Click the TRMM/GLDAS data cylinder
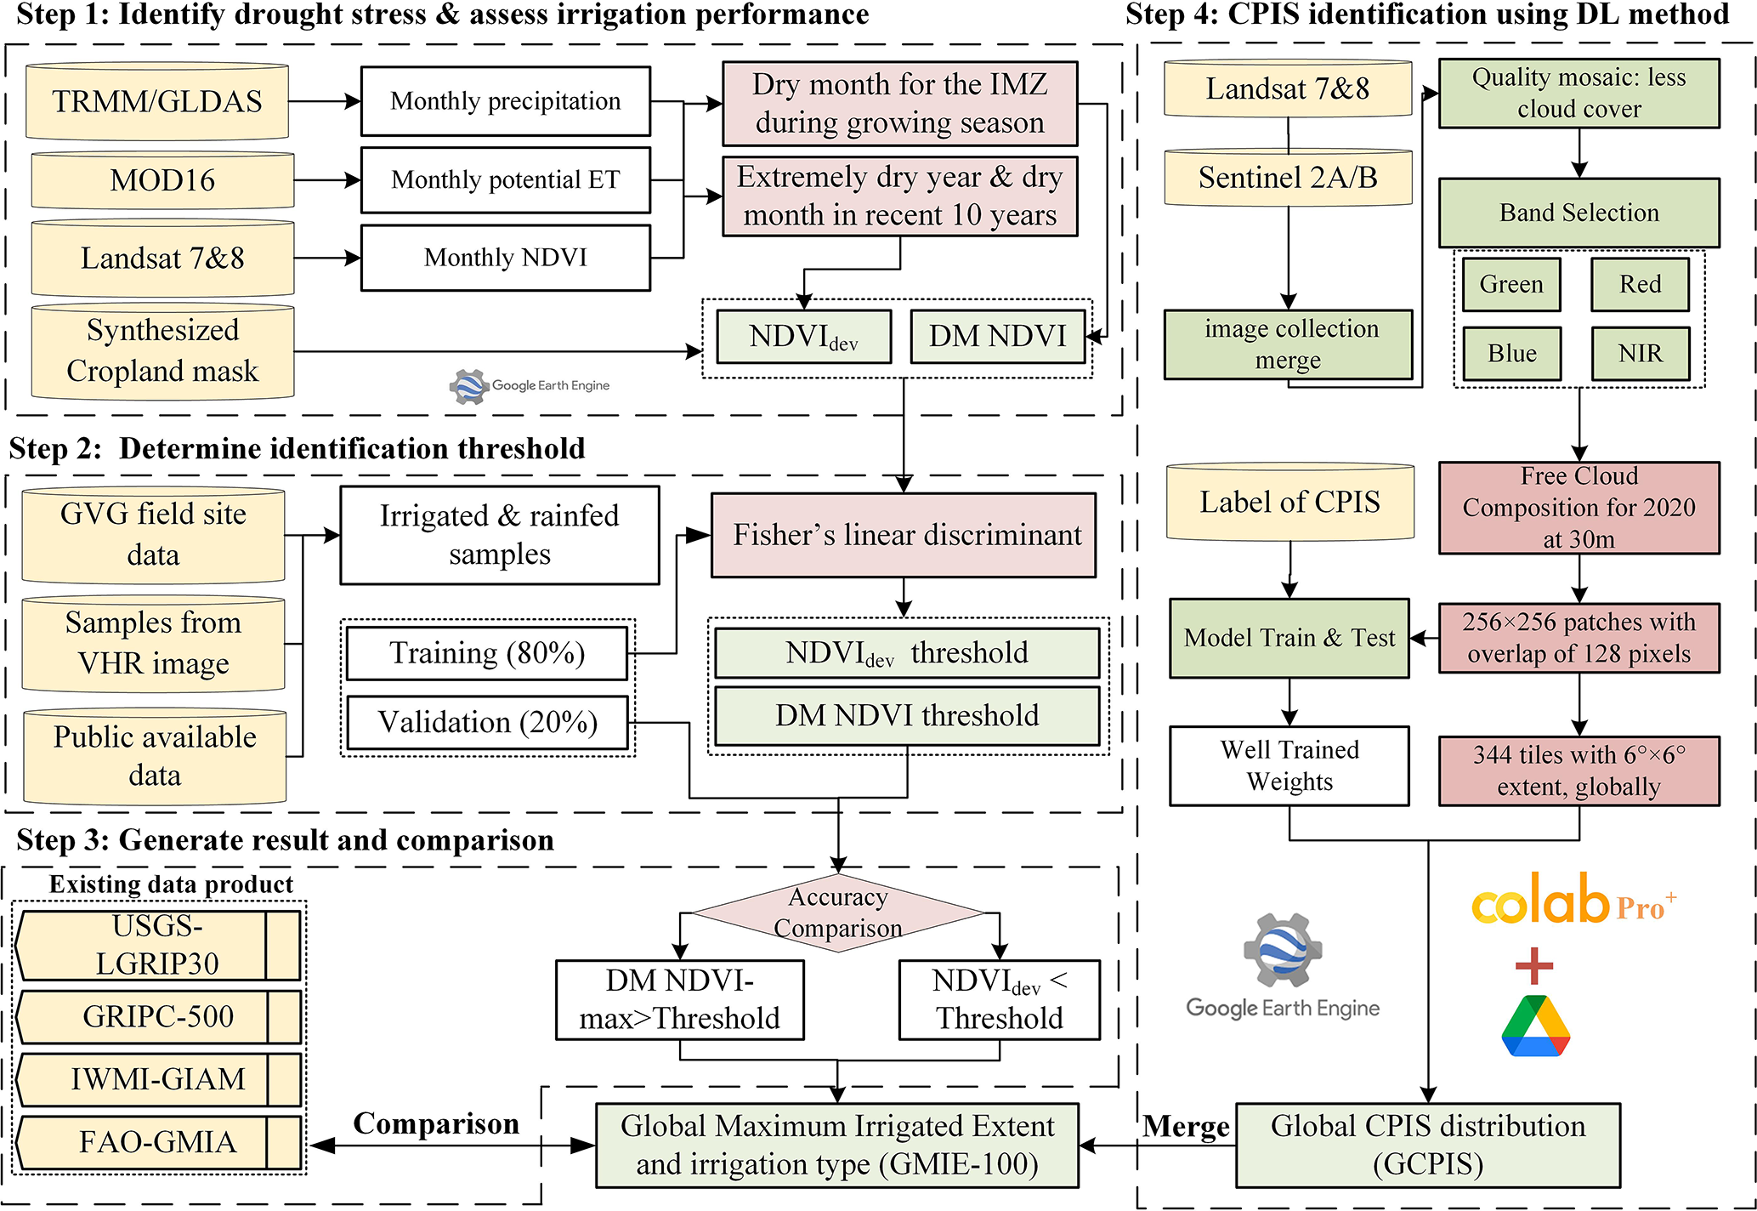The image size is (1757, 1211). coord(157,101)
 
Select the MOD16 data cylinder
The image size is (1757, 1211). coord(162,180)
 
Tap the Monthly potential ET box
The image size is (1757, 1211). coord(506,180)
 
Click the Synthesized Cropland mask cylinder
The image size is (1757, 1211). coord(162,351)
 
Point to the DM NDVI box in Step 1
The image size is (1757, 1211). coord(997,337)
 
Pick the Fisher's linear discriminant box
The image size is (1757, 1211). coord(904,535)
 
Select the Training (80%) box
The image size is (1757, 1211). coord(487,653)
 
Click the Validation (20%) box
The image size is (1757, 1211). coord(488,722)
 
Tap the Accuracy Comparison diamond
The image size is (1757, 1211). coord(838,913)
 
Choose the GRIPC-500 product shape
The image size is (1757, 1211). coord(158,1016)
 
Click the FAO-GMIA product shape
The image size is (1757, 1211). coord(158,1142)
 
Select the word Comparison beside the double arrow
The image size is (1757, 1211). coord(436,1123)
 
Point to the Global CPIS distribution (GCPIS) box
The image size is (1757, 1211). coord(1428,1145)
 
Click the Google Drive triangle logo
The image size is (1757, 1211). coord(1535,1026)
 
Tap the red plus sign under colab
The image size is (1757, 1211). coord(1534,965)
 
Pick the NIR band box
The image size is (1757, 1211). coord(1640,354)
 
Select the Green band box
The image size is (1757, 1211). coord(1511,285)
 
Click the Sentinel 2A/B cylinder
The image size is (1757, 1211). coord(1288,178)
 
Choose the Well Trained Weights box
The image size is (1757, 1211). coord(1289,765)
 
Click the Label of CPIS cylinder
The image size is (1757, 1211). coord(1289,502)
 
